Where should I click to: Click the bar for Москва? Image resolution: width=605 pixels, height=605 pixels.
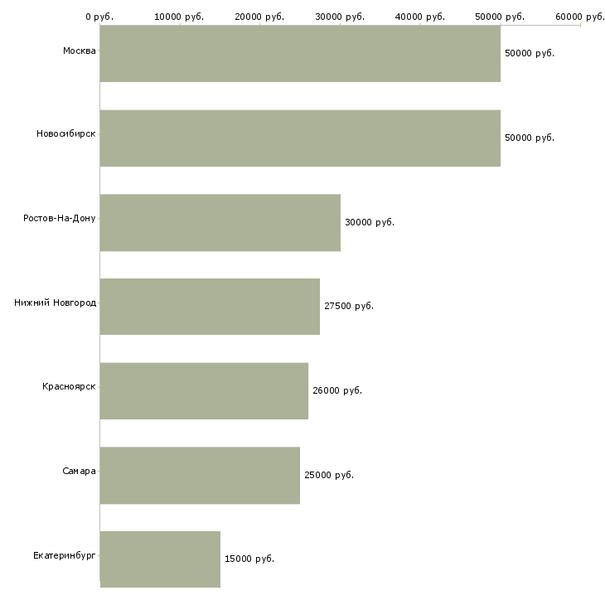[x=300, y=53]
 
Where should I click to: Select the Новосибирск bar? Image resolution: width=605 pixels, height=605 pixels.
[x=300, y=138]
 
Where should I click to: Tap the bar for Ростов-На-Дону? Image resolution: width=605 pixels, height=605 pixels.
[x=220, y=222]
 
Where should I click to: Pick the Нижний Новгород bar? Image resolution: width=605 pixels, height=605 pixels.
[x=210, y=307]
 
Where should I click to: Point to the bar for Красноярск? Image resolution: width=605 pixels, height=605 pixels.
[x=204, y=390]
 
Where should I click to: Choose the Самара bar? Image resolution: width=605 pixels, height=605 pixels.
[x=200, y=475]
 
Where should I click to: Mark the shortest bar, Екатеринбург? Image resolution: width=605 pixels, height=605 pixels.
[x=160, y=559]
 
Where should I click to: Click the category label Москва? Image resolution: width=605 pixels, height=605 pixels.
[x=79, y=51]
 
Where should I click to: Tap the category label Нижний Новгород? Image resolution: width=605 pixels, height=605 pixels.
[x=55, y=303]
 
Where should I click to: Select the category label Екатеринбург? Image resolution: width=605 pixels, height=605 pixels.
[x=65, y=555]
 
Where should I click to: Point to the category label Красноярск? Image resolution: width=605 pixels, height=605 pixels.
[x=69, y=387]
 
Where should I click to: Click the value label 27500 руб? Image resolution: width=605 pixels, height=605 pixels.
[x=349, y=307]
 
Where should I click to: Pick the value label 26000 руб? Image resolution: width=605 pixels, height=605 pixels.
[x=337, y=390]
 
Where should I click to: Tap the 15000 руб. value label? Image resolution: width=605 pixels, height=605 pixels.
[x=249, y=559]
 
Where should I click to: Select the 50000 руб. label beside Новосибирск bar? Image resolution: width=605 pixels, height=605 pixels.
[x=530, y=138]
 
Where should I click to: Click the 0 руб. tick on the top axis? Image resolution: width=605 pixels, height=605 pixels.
[x=99, y=17]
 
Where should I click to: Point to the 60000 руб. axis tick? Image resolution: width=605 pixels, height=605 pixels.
[x=580, y=17]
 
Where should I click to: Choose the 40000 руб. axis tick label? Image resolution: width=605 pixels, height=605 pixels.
[x=420, y=17]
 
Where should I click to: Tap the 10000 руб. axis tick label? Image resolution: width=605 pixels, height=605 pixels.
[x=179, y=17]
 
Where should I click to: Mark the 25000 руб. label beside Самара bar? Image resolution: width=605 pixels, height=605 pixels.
[x=329, y=476]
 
